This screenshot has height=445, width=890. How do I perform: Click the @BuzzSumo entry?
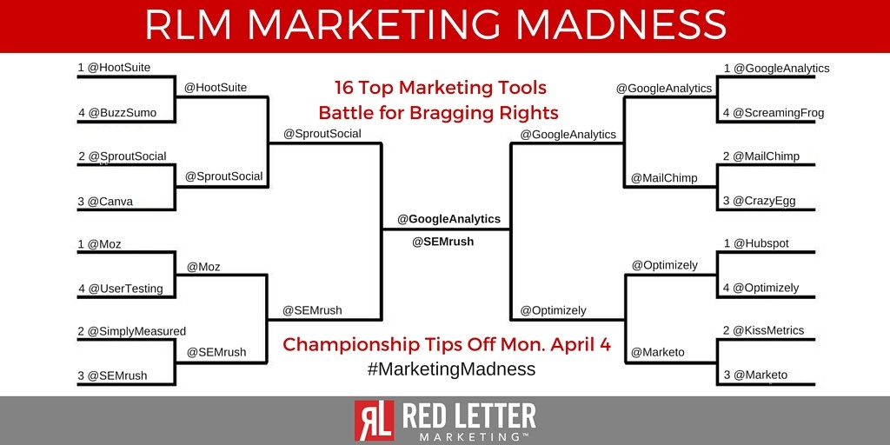pyautogui.click(x=116, y=113)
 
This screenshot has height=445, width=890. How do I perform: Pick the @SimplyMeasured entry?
pyautogui.click(x=131, y=331)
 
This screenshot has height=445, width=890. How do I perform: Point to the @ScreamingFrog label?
pyautogui.click(x=773, y=112)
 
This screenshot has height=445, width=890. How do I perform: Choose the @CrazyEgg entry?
pyautogui.click(x=758, y=201)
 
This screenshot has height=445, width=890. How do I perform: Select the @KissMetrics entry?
pyautogui.click(x=763, y=330)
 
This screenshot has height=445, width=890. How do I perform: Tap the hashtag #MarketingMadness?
pyautogui.click(x=451, y=369)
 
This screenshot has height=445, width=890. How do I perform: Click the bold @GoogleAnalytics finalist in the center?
pyautogui.click(x=448, y=219)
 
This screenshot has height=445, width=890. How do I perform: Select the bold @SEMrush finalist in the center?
pyautogui.click(x=442, y=242)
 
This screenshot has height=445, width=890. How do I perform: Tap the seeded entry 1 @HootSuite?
pyautogui.click(x=115, y=68)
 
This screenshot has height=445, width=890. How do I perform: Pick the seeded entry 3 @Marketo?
pyautogui.click(x=754, y=375)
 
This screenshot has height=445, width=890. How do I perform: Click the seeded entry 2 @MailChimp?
pyautogui.click(x=760, y=156)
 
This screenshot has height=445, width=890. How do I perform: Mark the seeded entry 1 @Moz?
pyautogui.click(x=99, y=244)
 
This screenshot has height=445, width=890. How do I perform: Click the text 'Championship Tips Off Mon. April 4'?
pyautogui.click(x=447, y=344)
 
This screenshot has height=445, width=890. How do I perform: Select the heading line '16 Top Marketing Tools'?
pyautogui.click(x=441, y=88)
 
